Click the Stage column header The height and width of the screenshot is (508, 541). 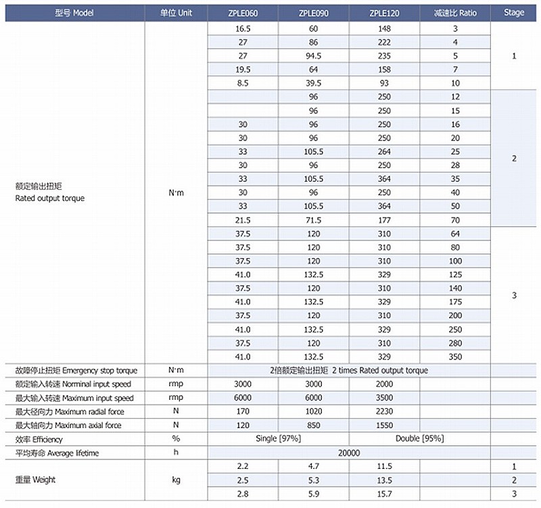point(514,13)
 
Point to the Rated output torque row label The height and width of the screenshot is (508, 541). point(50,199)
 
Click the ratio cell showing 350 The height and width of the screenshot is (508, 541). point(455,357)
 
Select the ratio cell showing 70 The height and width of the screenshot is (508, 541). point(455,220)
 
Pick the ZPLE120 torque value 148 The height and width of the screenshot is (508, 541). point(383,29)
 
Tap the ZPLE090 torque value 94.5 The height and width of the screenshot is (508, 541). point(313,56)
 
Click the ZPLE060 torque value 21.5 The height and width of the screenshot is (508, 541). point(243,220)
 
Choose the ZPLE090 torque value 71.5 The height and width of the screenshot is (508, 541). point(313,220)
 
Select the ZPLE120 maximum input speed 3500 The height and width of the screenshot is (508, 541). point(383,398)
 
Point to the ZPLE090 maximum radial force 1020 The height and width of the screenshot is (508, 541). point(313,411)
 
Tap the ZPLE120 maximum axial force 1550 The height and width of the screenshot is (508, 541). point(383,425)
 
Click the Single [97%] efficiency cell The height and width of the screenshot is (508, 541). point(279,439)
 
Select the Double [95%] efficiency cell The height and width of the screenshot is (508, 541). point(419,439)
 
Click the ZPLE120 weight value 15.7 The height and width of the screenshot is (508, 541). point(383,494)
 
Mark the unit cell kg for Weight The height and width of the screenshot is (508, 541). point(175,480)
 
